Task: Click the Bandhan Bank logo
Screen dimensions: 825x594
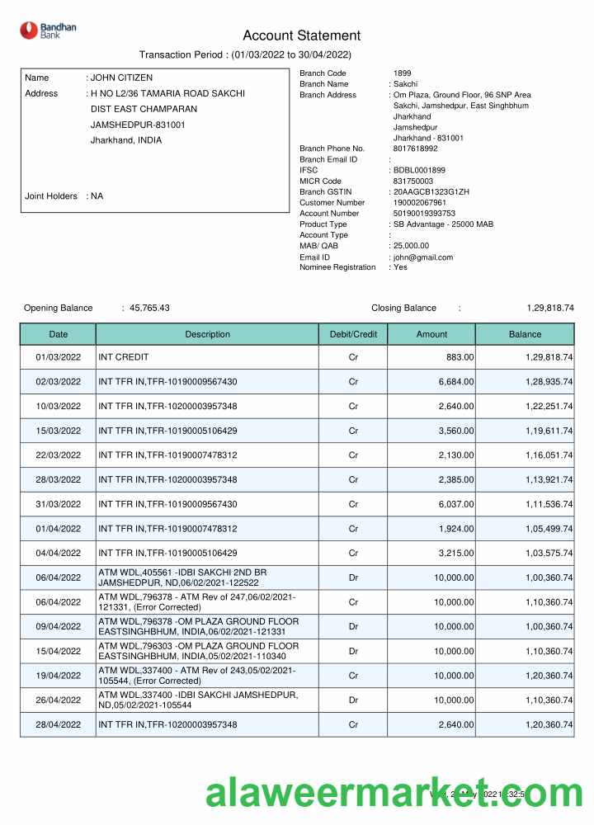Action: (48, 31)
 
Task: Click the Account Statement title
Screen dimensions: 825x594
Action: (301, 35)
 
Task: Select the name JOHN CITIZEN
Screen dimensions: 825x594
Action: (121, 78)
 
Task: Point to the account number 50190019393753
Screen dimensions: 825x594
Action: (424, 213)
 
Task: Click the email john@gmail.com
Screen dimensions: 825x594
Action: (423, 257)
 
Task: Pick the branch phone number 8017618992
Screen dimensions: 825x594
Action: (416, 148)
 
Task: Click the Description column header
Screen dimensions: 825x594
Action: (207, 334)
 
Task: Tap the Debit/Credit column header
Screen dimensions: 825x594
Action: (353, 334)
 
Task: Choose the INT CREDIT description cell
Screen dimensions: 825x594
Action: (123, 357)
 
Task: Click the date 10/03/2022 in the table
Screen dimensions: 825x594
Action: (58, 407)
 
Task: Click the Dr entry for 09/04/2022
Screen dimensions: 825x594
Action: (353, 626)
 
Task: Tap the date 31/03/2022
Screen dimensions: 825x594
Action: (58, 504)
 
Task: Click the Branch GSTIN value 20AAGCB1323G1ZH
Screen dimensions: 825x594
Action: (431, 191)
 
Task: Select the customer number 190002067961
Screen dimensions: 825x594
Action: (420, 202)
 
